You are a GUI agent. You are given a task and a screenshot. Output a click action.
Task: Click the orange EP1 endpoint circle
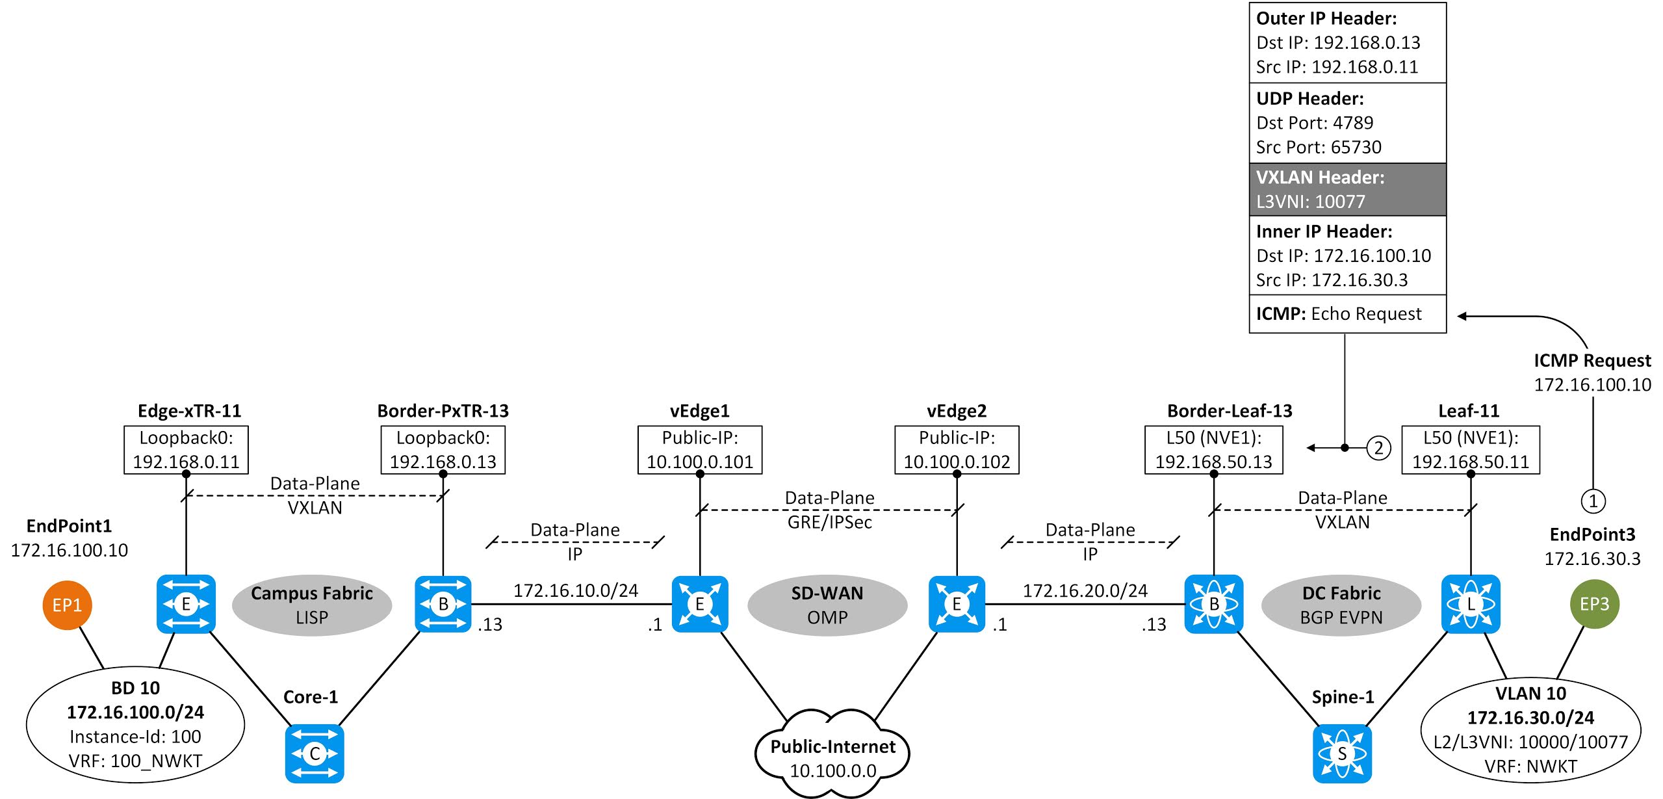pos(67,605)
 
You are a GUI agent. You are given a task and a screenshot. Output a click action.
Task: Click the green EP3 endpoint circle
pos(1594,604)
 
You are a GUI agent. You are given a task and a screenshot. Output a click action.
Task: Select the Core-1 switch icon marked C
pos(315,753)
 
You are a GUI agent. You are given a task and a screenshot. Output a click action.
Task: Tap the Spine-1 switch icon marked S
pos(1342,753)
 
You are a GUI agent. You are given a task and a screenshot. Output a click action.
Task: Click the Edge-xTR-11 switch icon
pos(186,604)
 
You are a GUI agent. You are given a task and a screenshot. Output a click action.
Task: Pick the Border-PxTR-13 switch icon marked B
pos(443,604)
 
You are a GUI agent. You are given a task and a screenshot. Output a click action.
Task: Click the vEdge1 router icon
pos(700,604)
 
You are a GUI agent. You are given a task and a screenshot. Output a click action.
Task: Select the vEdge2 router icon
pos(957,604)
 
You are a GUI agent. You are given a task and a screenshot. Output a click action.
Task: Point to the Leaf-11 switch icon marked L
pos(1471,604)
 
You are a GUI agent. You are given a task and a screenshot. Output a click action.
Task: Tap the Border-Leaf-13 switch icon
pos(1214,604)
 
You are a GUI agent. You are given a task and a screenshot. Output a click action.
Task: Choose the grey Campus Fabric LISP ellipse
pos(312,605)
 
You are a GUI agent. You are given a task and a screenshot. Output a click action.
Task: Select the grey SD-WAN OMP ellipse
pos(827,605)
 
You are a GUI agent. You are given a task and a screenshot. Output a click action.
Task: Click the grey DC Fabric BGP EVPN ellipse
pos(1341,605)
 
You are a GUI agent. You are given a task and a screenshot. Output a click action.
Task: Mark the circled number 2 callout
pos(1378,448)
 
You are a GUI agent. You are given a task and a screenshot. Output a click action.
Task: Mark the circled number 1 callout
pos(1593,501)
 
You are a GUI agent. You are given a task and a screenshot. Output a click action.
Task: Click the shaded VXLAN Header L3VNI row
pos(1347,189)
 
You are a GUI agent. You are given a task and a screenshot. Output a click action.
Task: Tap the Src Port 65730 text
pos(1319,147)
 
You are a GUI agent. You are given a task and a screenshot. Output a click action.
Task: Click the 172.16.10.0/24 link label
pos(576,590)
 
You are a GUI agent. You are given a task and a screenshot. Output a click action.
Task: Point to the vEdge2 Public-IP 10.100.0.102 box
pos(957,449)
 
